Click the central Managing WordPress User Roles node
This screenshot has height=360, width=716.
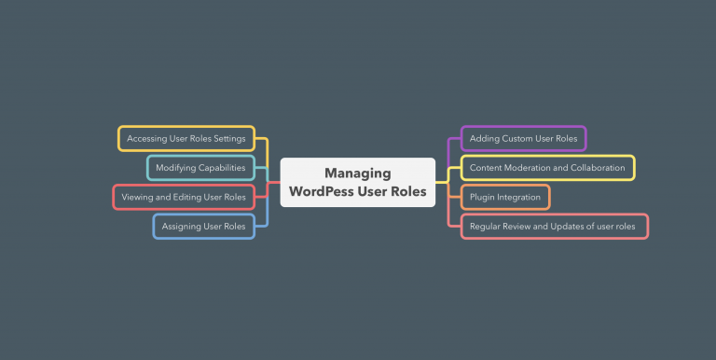pyautogui.click(x=357, y=182)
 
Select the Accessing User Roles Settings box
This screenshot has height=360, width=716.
pyautogui.click(x=186, y=139)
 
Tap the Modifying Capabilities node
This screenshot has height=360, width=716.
pyautogui.click(x=200, y=168)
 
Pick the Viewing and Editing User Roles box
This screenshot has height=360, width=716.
pyautogui.click(x=184, y=197)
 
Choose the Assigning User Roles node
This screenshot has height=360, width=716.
pyautogui.click(x=203, y=226)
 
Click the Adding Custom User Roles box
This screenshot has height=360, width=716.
pyautogui.click(x=523, y=139)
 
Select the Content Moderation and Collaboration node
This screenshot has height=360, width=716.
pyautogui.click(x=547, y=168)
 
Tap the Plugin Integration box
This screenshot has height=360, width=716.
pyautogui.click(x=504, y=197)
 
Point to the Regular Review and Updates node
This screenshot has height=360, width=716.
pyautogui.click(x=554, y=226)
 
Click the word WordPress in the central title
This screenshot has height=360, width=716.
pyautogui.click(x=328, y=191)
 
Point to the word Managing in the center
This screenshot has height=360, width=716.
pyautogui.click(x=357, y=173)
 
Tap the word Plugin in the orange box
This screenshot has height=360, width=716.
pyautogui.click(x=483, y=197)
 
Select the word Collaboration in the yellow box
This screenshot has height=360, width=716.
pyautogui.click(x=594, y=168)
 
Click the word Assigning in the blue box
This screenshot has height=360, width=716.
pyautogui.click(x=180, y=226)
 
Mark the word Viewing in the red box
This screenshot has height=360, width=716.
pyautogui.click(x=137, y=197)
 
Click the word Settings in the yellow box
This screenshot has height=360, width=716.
pyautogui.click(x=228, y=139)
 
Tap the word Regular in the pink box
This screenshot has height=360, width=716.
pyautogui.click(x=486, y=226)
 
